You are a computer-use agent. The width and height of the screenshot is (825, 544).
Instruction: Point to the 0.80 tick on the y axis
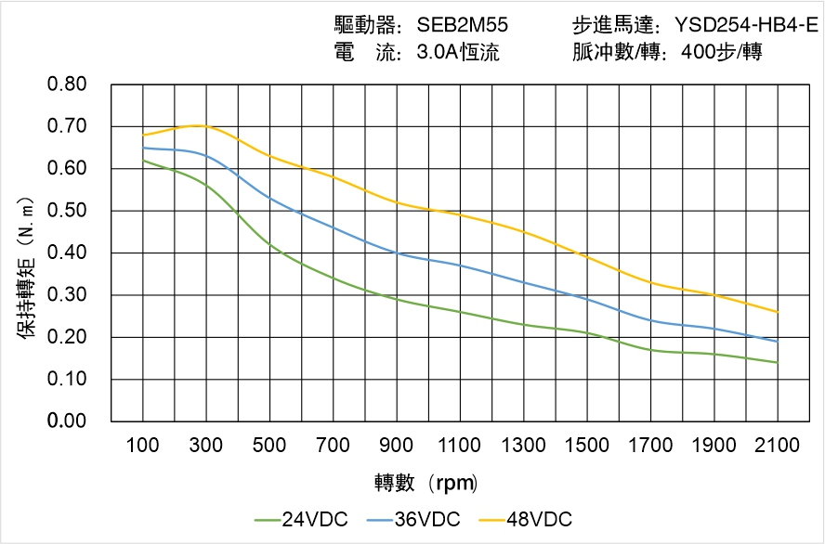pos(67,84)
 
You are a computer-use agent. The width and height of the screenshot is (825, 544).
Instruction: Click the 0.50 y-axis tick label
pos(67,211)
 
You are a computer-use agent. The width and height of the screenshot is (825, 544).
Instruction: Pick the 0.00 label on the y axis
pos(67,421)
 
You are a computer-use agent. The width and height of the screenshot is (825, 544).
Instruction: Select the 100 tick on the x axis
pos(143,446)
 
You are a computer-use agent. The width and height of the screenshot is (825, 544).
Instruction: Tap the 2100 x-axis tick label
pos(778,446)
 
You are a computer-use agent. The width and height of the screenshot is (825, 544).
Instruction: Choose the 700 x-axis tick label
pos(334,446)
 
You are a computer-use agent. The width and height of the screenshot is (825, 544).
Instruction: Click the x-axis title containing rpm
pos(426,483)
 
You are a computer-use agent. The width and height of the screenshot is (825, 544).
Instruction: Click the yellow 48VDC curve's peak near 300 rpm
pos(198,125)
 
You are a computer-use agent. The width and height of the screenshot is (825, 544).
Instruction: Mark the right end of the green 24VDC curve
pos(778,362)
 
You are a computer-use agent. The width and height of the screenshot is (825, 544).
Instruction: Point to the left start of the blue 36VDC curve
pos(143,148)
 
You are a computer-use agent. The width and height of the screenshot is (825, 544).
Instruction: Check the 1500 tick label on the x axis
pos(587,446)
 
